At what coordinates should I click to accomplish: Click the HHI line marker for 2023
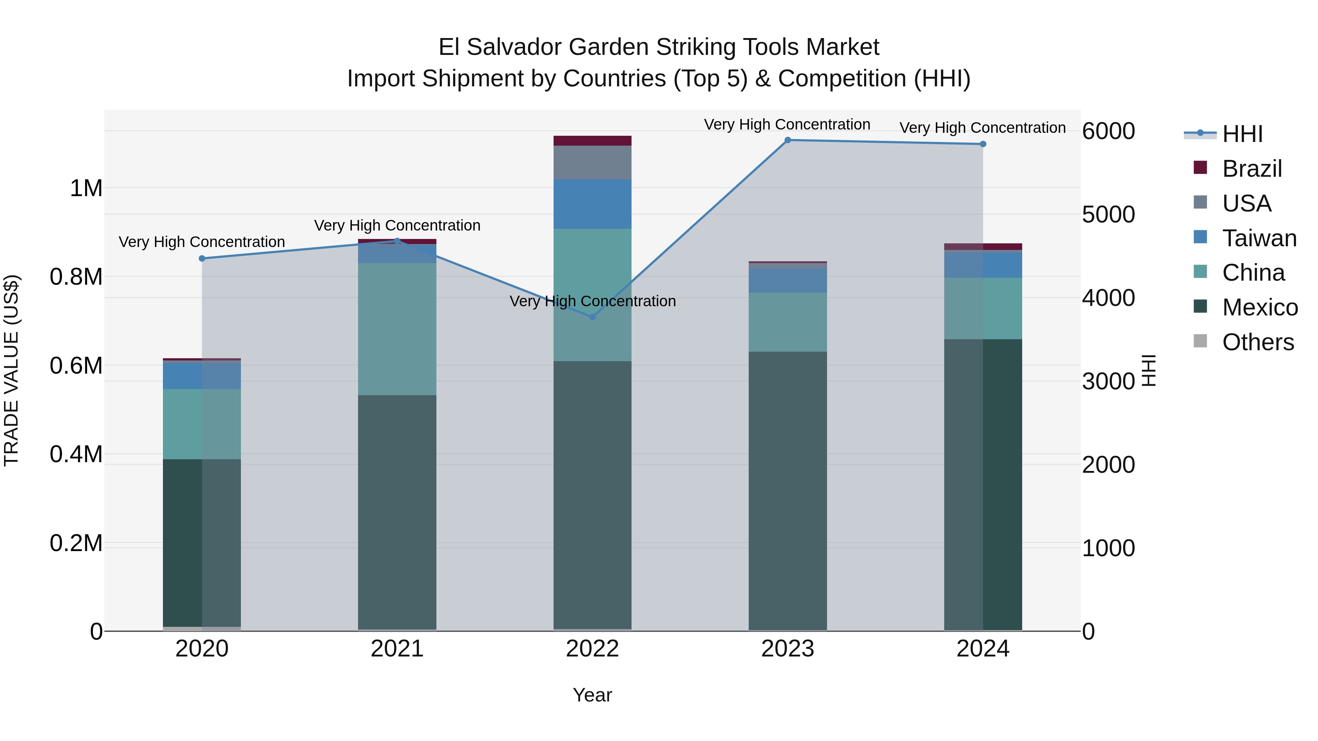point(788,140)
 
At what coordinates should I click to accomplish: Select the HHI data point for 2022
point(592,317)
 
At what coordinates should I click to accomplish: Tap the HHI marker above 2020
point(202,259)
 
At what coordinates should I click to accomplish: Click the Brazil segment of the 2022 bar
point(592,141)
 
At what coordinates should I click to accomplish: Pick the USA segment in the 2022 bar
point(592,162)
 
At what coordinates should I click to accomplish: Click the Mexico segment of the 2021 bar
point(397,512)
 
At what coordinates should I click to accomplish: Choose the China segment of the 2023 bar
point(788,322)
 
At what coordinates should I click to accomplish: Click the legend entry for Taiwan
point(1259,238)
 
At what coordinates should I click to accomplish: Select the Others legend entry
point(1258,342)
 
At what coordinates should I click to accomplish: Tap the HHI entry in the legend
point(1242,134)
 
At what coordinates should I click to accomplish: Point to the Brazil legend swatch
point(1200,168)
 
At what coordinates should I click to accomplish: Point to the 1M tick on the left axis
point(86,188)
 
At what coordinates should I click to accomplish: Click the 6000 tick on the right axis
point(1108,131)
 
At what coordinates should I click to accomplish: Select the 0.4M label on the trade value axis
point(76,454)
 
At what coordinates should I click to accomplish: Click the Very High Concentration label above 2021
point(397,225)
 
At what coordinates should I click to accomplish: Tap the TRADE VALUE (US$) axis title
point(12,370)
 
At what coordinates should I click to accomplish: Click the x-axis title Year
point(592,695)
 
